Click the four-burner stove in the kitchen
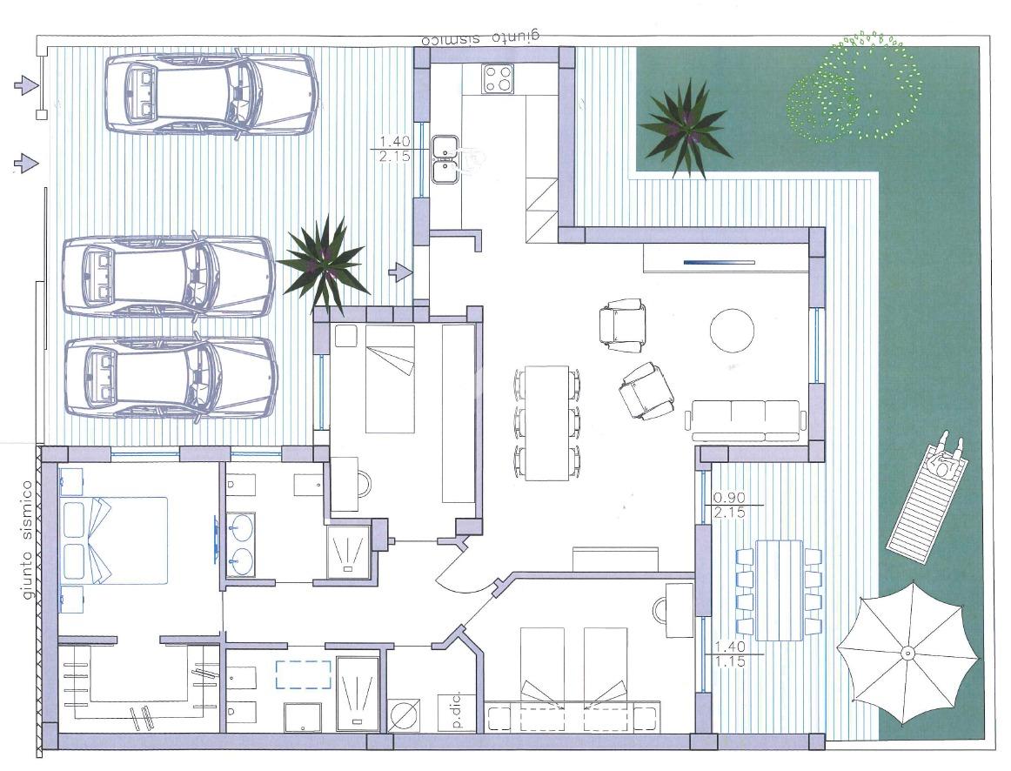(498, 79)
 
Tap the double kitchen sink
(445, 159)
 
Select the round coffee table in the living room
(732, 330)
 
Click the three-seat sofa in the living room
(746, 420)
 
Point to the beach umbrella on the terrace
(907, 653)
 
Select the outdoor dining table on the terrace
(779, 590)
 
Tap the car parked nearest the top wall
(211, 94)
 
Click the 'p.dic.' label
(457, 713)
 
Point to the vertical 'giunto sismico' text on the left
(27, 540)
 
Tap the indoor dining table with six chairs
(546, 423)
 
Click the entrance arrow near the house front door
(401, 272)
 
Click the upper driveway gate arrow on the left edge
(26, 85)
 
